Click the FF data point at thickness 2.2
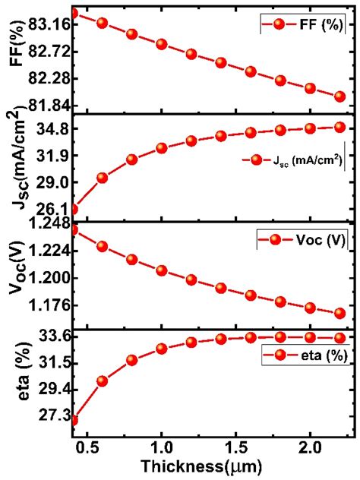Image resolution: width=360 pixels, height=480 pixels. click(339, 96)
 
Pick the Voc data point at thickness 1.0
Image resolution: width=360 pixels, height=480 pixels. click(162, 270)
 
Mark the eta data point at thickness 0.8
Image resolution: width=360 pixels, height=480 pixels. click(132, 360)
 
